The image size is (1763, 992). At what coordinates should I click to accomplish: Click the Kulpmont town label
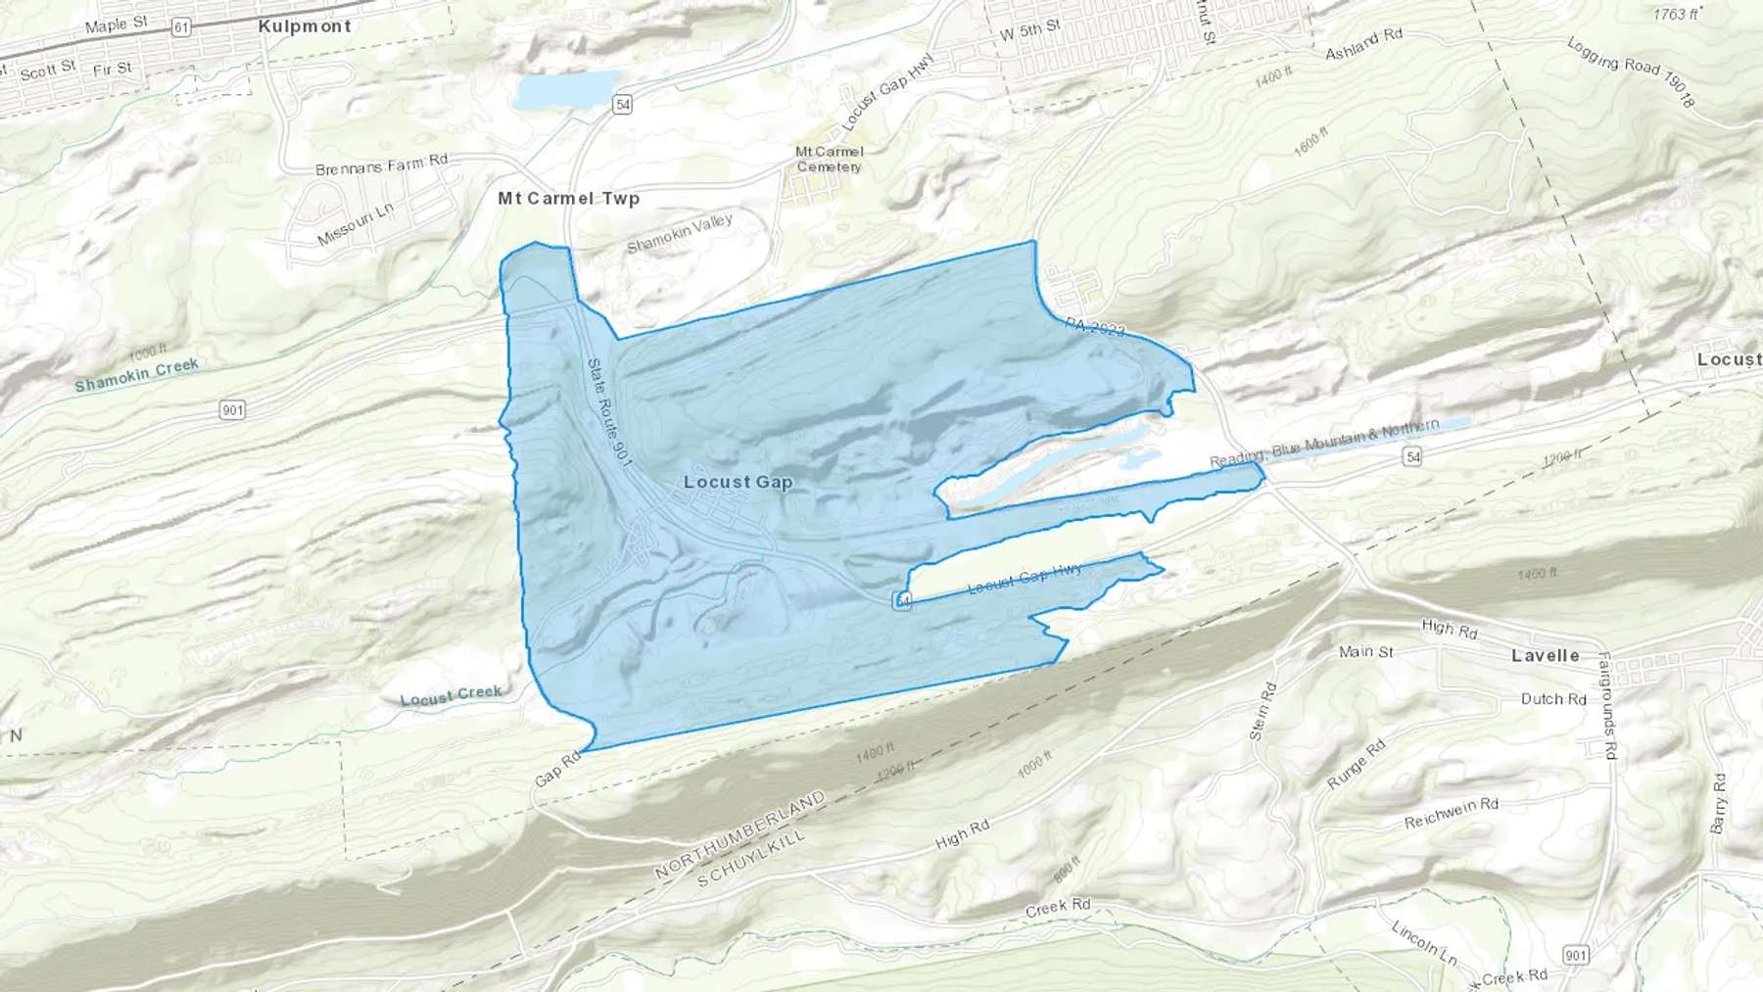304,26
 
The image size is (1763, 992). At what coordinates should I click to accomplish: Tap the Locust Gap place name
738,482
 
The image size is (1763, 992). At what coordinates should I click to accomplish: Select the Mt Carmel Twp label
568,198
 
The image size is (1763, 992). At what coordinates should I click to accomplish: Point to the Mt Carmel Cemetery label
829,159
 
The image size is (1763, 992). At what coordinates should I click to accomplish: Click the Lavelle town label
1545,655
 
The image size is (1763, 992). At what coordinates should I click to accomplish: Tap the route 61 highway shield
180,27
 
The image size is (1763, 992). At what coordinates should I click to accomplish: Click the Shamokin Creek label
136,375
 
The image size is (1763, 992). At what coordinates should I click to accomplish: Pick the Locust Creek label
451,695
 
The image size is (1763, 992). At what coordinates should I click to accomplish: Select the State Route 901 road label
609,411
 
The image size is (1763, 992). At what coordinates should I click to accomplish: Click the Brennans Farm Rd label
381,165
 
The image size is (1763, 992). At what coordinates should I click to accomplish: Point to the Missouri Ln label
355,224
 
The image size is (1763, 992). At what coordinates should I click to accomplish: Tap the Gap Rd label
557,770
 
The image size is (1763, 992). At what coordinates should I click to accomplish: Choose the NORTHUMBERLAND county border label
739,835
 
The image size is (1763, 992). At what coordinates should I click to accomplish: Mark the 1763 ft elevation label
1676,14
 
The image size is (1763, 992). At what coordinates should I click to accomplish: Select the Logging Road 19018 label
1630,71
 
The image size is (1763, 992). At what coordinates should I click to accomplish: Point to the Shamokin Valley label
679,233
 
